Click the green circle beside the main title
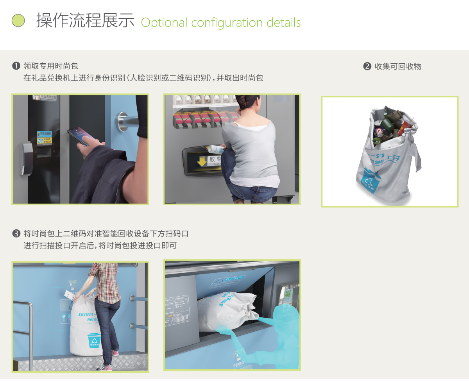[x=18, y=20]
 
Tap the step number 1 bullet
[x=16, y=66]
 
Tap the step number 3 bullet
[x=16, y=234]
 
